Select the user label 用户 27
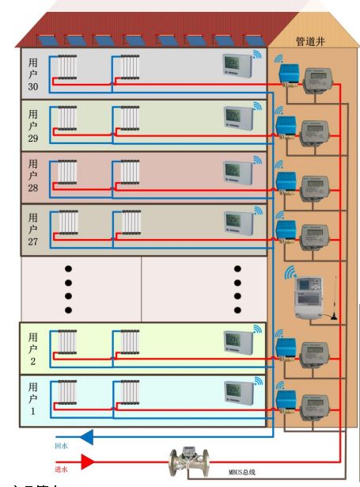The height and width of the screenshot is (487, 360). [32, 230]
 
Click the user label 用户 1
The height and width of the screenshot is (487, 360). [32, 400]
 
